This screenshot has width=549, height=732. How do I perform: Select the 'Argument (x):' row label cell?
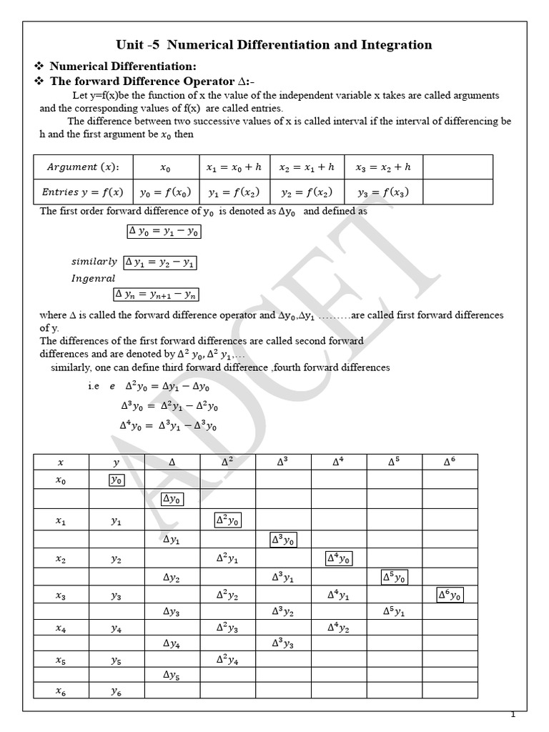pyautogui.click(x=84, y=167)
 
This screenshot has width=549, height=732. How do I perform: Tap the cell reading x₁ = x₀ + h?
pyautogui.click(x=234, y=167)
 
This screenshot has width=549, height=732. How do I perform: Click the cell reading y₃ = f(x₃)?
pyautogui.click(x=384, y=192)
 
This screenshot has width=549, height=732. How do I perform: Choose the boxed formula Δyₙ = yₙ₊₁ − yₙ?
pyautogui.click(x=156, y=294)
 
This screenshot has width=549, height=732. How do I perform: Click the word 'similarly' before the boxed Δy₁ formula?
pyautogui.click(x=94, y=262)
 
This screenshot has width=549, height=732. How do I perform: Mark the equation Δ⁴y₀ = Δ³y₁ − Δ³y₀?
pyautogui.click(x=168, y=426)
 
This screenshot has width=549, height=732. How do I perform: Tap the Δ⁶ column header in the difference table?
pyautogui.click(x=450, y=462)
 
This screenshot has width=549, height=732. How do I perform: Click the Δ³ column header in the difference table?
pyautogui.click(x=282, y=462)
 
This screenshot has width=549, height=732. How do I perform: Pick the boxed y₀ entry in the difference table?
pyautogui.click(x=117, y=480)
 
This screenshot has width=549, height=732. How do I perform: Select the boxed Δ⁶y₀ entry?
pyautogui.click(x=450, y=595)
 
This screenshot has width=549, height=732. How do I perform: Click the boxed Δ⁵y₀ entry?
pyautogui.click(x=394, y=576)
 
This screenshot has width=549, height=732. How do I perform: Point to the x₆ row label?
pyautogui.click(x=61, y=691)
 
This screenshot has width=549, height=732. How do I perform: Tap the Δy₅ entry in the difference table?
pyautogui.click(x=172, y=675)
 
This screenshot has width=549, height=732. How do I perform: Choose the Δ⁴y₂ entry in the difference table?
pyautogui.click(x=338, y=628)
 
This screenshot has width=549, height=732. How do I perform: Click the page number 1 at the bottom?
pyautogui.click(x=513, y=715)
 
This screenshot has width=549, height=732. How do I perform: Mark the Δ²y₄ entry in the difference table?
pyautogui.click(x=227, y=659)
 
